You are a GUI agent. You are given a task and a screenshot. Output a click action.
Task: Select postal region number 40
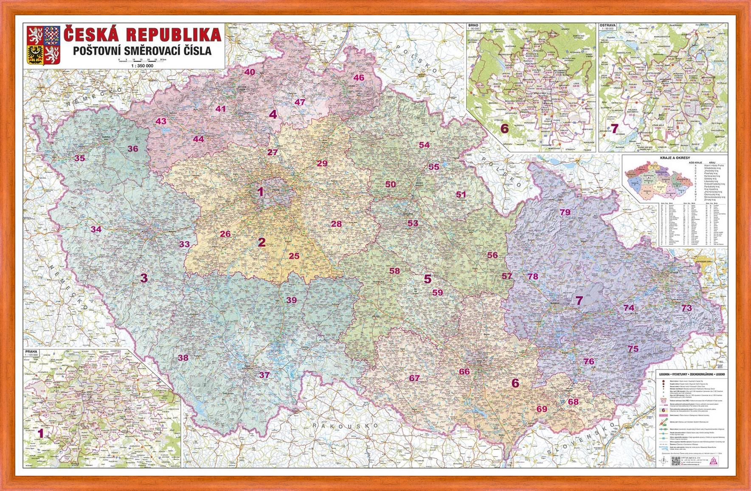pyautogui.click(x=250, y=72)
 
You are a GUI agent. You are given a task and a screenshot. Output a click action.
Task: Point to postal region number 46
pyautogui.click(x=359, y=78)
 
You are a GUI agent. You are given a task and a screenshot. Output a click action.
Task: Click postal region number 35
pyautogui.click(x=80, y=159)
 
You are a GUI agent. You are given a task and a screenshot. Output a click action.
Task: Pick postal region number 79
pyautogui.click(x=565, y=212)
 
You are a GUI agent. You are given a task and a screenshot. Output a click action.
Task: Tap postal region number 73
pyautogui.click(x=686, y=308)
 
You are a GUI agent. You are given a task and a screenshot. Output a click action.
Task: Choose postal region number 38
pyautogui.click(x=183, y=358)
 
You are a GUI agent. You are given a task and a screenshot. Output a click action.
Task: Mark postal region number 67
pyautogui.click(x=414, y=378)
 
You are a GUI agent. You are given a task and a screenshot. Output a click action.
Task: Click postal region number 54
pyautogui.click(x=424, y=145)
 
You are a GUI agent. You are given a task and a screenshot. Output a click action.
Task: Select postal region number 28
pyautogui.click(x=336, y=224)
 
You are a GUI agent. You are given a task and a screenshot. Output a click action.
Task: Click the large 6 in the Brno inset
pyautogui.click(x=504, y=129)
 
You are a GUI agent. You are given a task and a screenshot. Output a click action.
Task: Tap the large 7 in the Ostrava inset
pyautogui.click(x=615, y=128)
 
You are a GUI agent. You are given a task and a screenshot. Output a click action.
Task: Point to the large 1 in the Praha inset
pyautogui.click(x=41, y=433)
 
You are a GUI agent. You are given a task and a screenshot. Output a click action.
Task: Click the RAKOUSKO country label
pyautogui.click(x=345, y=425)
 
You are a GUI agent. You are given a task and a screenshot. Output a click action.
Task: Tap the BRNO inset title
pyautogui.click(x=473, y=25)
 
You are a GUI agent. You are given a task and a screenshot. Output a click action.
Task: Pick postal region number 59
pyautogui.click(x=438, y=293)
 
